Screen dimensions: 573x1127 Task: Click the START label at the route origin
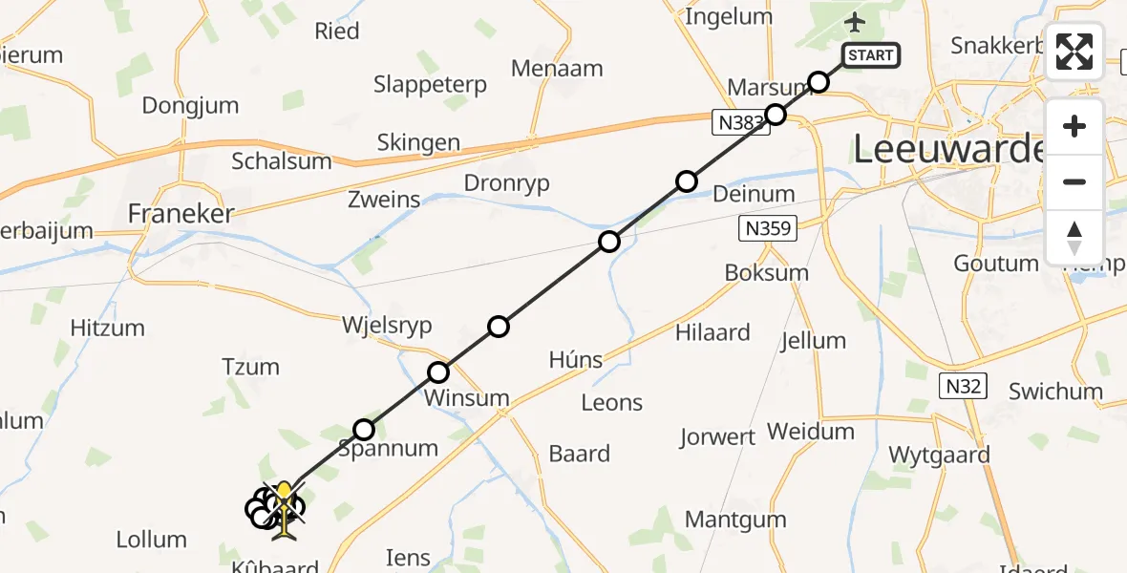[870, 55]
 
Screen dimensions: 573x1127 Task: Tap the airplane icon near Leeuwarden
[855, 21]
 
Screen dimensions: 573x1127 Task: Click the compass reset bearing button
[1074, 238]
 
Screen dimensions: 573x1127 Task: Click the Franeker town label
[181, 214]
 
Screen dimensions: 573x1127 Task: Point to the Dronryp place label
[506, 183]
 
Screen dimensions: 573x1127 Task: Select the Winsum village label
[468, 397]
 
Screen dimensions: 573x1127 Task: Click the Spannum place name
[388, 448]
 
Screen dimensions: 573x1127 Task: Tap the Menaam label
[557, 69]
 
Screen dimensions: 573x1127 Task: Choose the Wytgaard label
[939, 455]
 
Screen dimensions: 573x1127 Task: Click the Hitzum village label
[108, 329]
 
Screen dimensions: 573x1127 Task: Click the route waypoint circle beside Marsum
[819, 81]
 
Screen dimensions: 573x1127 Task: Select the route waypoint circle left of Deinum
[687, 181]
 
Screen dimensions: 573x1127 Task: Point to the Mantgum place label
[735, 520]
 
